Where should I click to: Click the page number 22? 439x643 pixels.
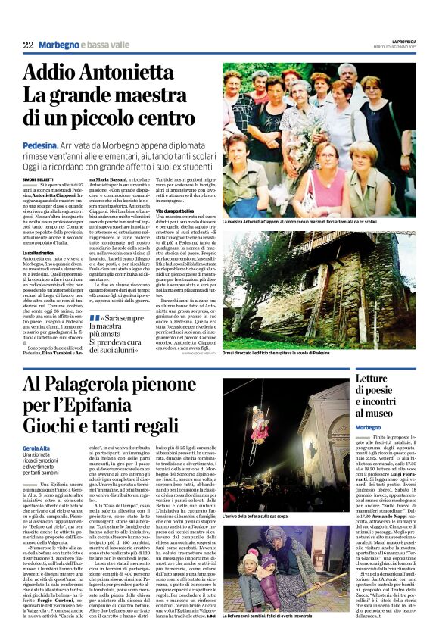pyautogui.click(x=28, y=46)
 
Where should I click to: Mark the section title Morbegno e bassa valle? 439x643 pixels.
pyautogui.click(x=83, y=46)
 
